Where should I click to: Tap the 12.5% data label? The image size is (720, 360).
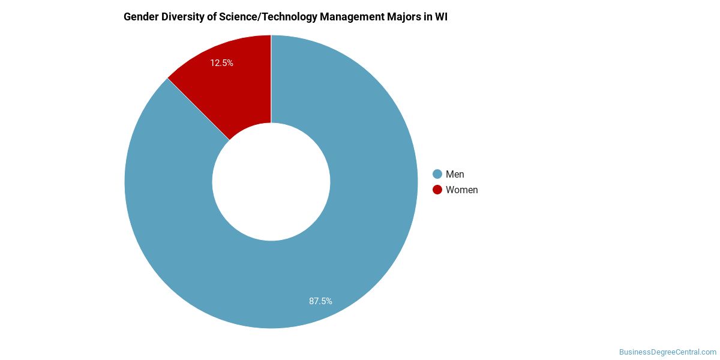221,62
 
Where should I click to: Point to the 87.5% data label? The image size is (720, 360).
320,301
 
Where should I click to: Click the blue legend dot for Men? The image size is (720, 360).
437,174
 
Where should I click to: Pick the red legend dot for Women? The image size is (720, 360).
437,190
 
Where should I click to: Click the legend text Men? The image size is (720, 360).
455,174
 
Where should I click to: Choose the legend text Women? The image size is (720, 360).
461,190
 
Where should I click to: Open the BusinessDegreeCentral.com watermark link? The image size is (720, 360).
667,352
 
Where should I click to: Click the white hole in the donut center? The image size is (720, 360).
271,182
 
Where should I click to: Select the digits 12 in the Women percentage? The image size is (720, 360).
215,62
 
